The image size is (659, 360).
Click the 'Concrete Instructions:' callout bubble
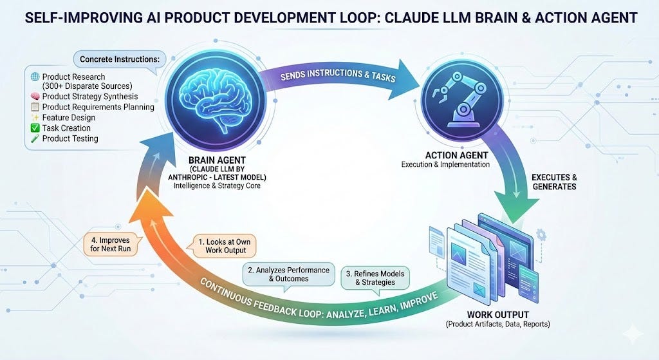(120, 59)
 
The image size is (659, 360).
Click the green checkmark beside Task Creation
(35, 128)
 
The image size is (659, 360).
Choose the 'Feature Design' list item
(68, 118)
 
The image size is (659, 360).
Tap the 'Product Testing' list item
(70, 139)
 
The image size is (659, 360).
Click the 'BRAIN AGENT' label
(217, 160)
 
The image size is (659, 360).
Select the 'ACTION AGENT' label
(456, 155)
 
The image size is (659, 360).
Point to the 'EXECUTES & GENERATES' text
(554, 182)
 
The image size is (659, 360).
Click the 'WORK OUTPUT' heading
(497, 314)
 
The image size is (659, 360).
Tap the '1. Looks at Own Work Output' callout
(225, 246)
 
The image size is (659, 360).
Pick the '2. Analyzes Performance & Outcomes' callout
(289, 274)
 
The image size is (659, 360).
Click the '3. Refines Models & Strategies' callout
(375, 278)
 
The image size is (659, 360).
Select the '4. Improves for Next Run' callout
(111, 244)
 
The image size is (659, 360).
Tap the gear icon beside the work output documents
(541, 234)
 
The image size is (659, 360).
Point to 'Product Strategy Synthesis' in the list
(90, 97)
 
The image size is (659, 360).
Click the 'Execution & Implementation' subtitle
(445, 164)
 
